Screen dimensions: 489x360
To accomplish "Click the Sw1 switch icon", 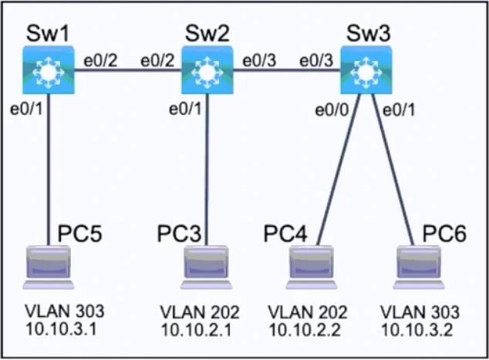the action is point(49,70).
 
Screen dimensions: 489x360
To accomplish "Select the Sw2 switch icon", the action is point(207,70).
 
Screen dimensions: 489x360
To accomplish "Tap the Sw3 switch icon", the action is point(366,70).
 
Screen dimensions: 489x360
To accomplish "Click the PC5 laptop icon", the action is point(49,267).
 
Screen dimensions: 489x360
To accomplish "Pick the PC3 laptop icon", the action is point(207,267).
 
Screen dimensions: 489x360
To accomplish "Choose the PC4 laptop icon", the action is point(312,267).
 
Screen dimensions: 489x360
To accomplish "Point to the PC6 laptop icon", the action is point(419,267).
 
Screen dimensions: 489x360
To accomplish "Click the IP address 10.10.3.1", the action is point(61,329).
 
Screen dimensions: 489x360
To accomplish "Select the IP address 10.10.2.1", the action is point(196,330).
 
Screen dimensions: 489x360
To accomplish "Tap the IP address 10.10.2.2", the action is point(305,330).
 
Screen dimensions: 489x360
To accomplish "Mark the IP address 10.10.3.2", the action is point(417,330).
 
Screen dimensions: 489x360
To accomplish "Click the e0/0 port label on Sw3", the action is point(332,110).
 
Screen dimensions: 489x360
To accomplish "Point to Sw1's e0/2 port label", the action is point(100,60).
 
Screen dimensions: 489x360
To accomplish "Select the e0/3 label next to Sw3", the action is point(316,60).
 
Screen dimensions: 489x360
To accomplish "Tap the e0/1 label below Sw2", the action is point(184,109).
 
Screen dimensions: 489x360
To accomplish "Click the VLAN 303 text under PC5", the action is point(64,311).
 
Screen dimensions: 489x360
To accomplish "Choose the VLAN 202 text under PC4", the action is point(308,312).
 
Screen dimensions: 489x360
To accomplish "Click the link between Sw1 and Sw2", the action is point(128,69).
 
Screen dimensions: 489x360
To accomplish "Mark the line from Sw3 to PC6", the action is point(393,170).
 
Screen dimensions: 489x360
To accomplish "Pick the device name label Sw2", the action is point(207,33).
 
